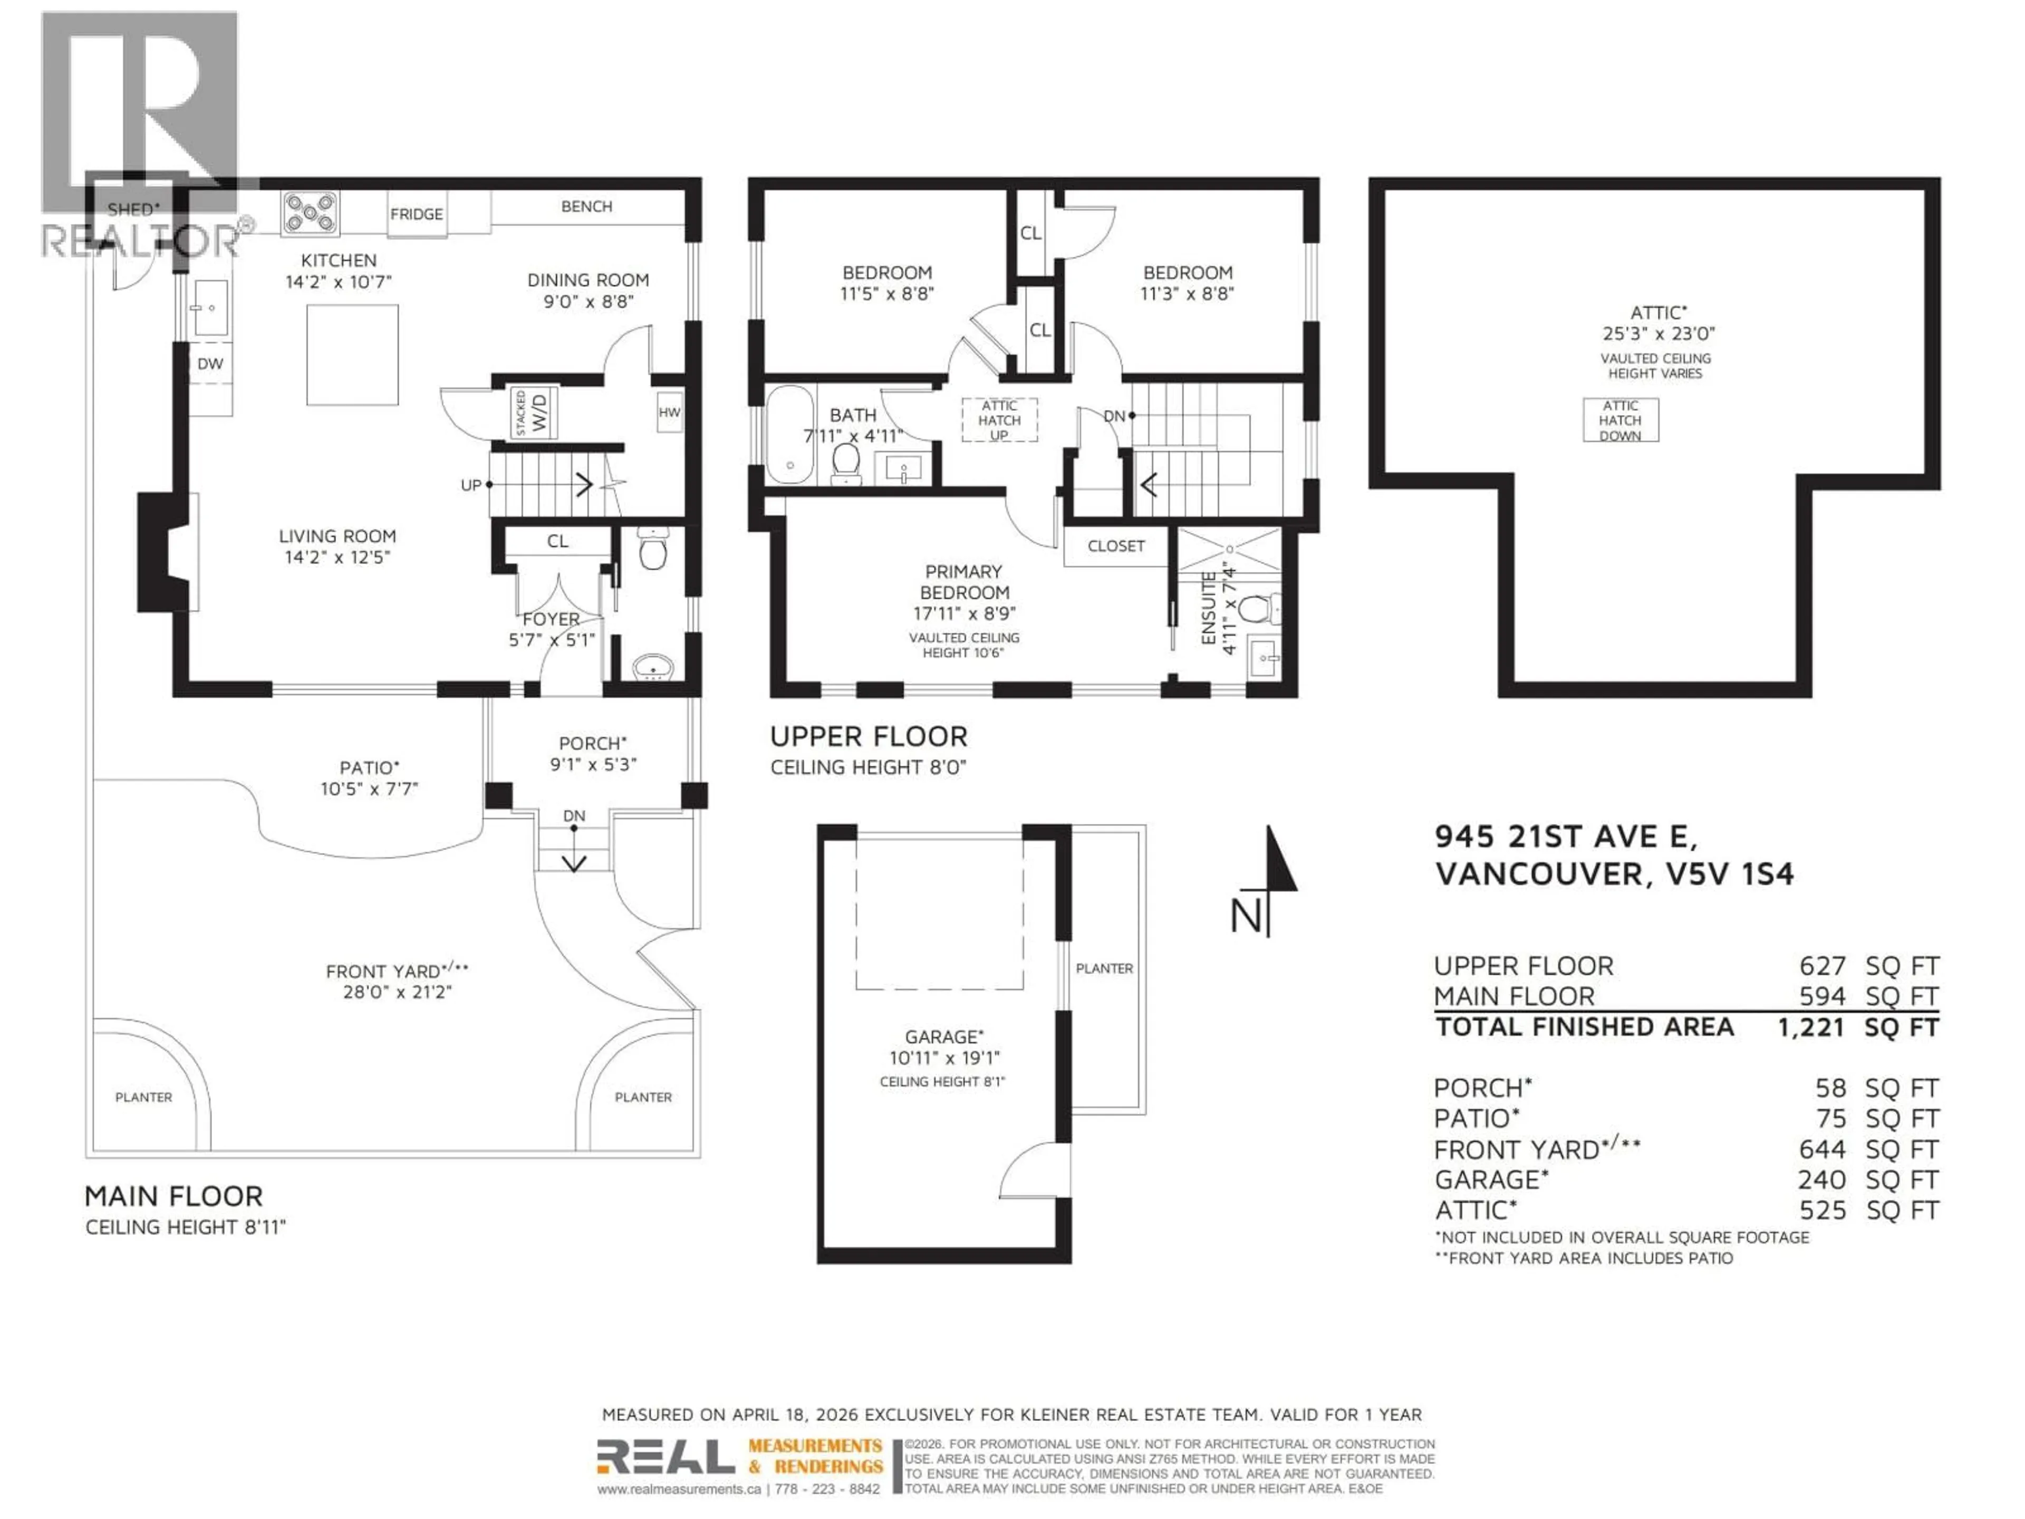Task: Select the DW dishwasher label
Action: [x=210, y=363]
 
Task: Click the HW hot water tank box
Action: [x=669, y=413]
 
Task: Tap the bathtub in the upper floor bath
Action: [x=789, y=434]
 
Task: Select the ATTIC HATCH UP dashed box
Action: [x=999, y=420]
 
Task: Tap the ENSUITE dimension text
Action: [x=1219, y=608]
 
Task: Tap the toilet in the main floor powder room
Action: [x=653, y=550]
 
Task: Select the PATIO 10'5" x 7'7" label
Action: [x=369, y=778]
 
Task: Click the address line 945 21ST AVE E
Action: [x=1566, y=836]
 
